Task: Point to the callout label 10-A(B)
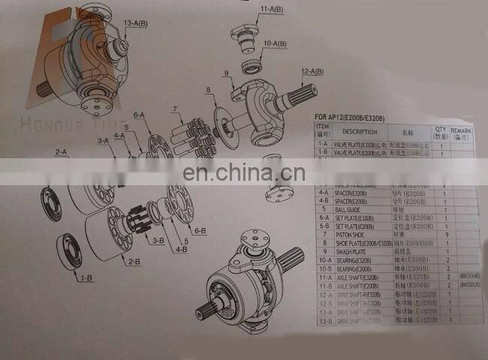(x=275, y=44)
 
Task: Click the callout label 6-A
(x=139, y=115)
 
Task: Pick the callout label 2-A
(x=61, y=152)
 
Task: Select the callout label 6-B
(x=200, y=231)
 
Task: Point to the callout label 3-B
(x=158, y=240)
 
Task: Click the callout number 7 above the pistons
(x=176, y=109)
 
